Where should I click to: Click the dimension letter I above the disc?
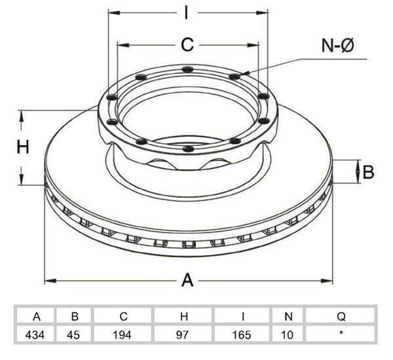click(x=186, y=12)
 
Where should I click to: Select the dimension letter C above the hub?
click(x=187, y=45)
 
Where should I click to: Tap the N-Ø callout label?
click(x=338, y=46)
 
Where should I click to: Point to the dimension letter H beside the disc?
click(x=23, y=147)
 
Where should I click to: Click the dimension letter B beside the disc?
click(x=368, y=172)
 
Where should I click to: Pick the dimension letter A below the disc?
click(x=187, y=280)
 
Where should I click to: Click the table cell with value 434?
click(x=35, y=334)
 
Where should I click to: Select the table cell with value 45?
click(x=73, y=334)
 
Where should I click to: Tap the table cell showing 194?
click(x=122, y=334)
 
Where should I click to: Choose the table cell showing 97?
click(x=183, y=334)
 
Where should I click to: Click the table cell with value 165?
click(x=242, y=334)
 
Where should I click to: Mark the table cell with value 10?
click(x=288, y=334)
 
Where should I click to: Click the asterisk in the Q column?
click(x=341, y=333)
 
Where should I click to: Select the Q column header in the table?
click(x=341, y=316)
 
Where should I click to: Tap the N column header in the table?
click(x=288, y=316)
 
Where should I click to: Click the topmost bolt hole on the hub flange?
click(x=188, y=69)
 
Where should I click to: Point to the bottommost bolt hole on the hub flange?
click(x=188, y=149)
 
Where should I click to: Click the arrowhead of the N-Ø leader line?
click(x=245, y=73)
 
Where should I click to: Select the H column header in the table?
click(x=184, y=316)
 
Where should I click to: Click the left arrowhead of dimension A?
click(x=50, y=280)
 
